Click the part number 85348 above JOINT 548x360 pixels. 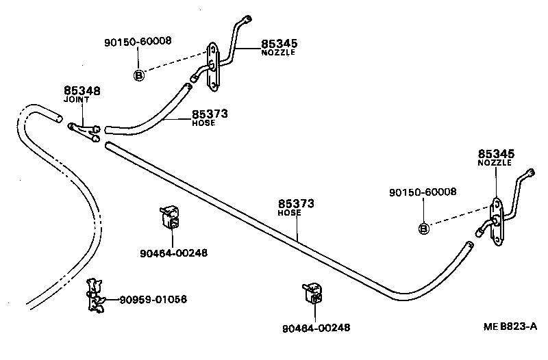(82, 90)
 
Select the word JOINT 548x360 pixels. (77, 100)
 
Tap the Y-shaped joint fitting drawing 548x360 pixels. (84, 131)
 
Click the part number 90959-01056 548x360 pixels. (153, 300)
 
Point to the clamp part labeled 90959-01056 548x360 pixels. (94, 296)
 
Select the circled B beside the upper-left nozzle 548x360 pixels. (138, 75)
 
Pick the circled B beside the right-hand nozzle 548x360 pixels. (423, 228)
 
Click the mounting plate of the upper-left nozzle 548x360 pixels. (214, 67)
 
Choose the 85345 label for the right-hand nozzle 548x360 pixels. (496, 154)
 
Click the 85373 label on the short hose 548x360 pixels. (210, 114)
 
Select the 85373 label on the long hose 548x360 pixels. (296, 203)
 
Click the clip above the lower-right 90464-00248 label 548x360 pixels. (312, 294)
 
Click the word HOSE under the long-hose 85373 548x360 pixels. (290, 213)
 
